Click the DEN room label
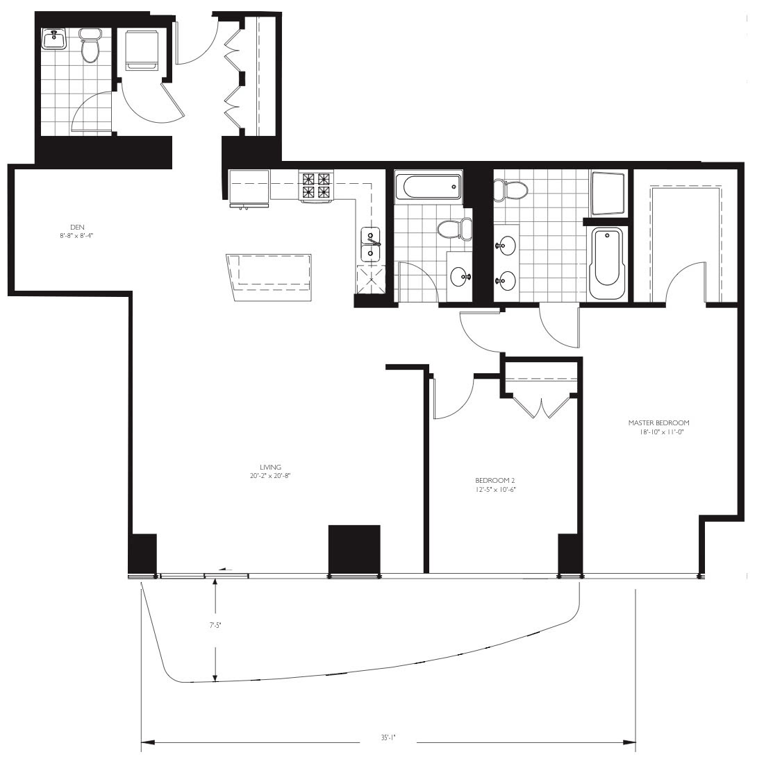point(77,227)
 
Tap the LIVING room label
point(270,467)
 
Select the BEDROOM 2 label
point(495,480)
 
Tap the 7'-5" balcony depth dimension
point(215,625)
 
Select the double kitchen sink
point(370,244)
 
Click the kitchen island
point(269,277)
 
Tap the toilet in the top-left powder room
point(90,46)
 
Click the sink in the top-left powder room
point(53,39)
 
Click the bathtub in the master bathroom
point(606,263)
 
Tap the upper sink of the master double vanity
point(506,245)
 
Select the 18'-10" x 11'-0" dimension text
point(662,432)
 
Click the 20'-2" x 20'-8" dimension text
point(270,476)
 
